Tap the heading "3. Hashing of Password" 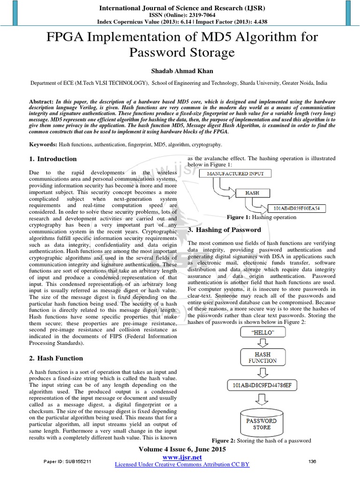224,230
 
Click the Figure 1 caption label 239,217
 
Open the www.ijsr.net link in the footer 181,457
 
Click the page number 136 312,461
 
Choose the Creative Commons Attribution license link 182,464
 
